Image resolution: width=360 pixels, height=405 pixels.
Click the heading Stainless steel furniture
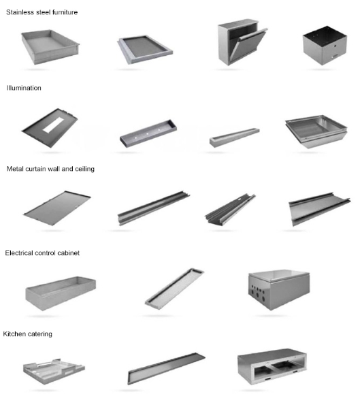tap(42, 12)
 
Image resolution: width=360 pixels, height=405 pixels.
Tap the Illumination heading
tap(24, 88)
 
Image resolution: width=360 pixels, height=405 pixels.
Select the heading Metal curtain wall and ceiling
tap(50, 169)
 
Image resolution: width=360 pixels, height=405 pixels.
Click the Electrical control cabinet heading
tap(42, 253)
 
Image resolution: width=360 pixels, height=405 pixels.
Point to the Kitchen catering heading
tap(28, 334)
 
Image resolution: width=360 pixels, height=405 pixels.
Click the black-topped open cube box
tap(325, 46)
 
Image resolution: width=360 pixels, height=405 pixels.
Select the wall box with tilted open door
tap(242, 42)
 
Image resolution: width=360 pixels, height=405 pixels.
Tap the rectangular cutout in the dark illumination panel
tap(53, 125)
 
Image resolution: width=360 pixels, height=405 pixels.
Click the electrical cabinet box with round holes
tap(279, 289)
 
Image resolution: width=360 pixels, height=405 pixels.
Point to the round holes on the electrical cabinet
tap(257, 293)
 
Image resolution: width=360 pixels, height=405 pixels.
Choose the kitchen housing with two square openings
tap(272, 367)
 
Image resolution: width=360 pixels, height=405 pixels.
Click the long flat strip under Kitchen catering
tap(166, 368)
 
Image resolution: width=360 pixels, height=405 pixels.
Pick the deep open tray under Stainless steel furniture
tap(50, 47)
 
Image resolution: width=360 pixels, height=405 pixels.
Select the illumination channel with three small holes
tap(148, 133)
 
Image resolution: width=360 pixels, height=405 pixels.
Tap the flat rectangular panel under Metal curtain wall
tap(57, 208)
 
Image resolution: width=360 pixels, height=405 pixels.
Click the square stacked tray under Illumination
tap(316, 132)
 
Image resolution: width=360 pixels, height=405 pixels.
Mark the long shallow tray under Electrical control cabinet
tap(175, 288)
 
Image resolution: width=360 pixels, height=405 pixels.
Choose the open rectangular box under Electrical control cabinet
tap(61, 293)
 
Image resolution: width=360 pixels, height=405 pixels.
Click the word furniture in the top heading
tap(65, 12)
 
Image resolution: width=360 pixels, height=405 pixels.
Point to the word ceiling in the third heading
tap(84, 169)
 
